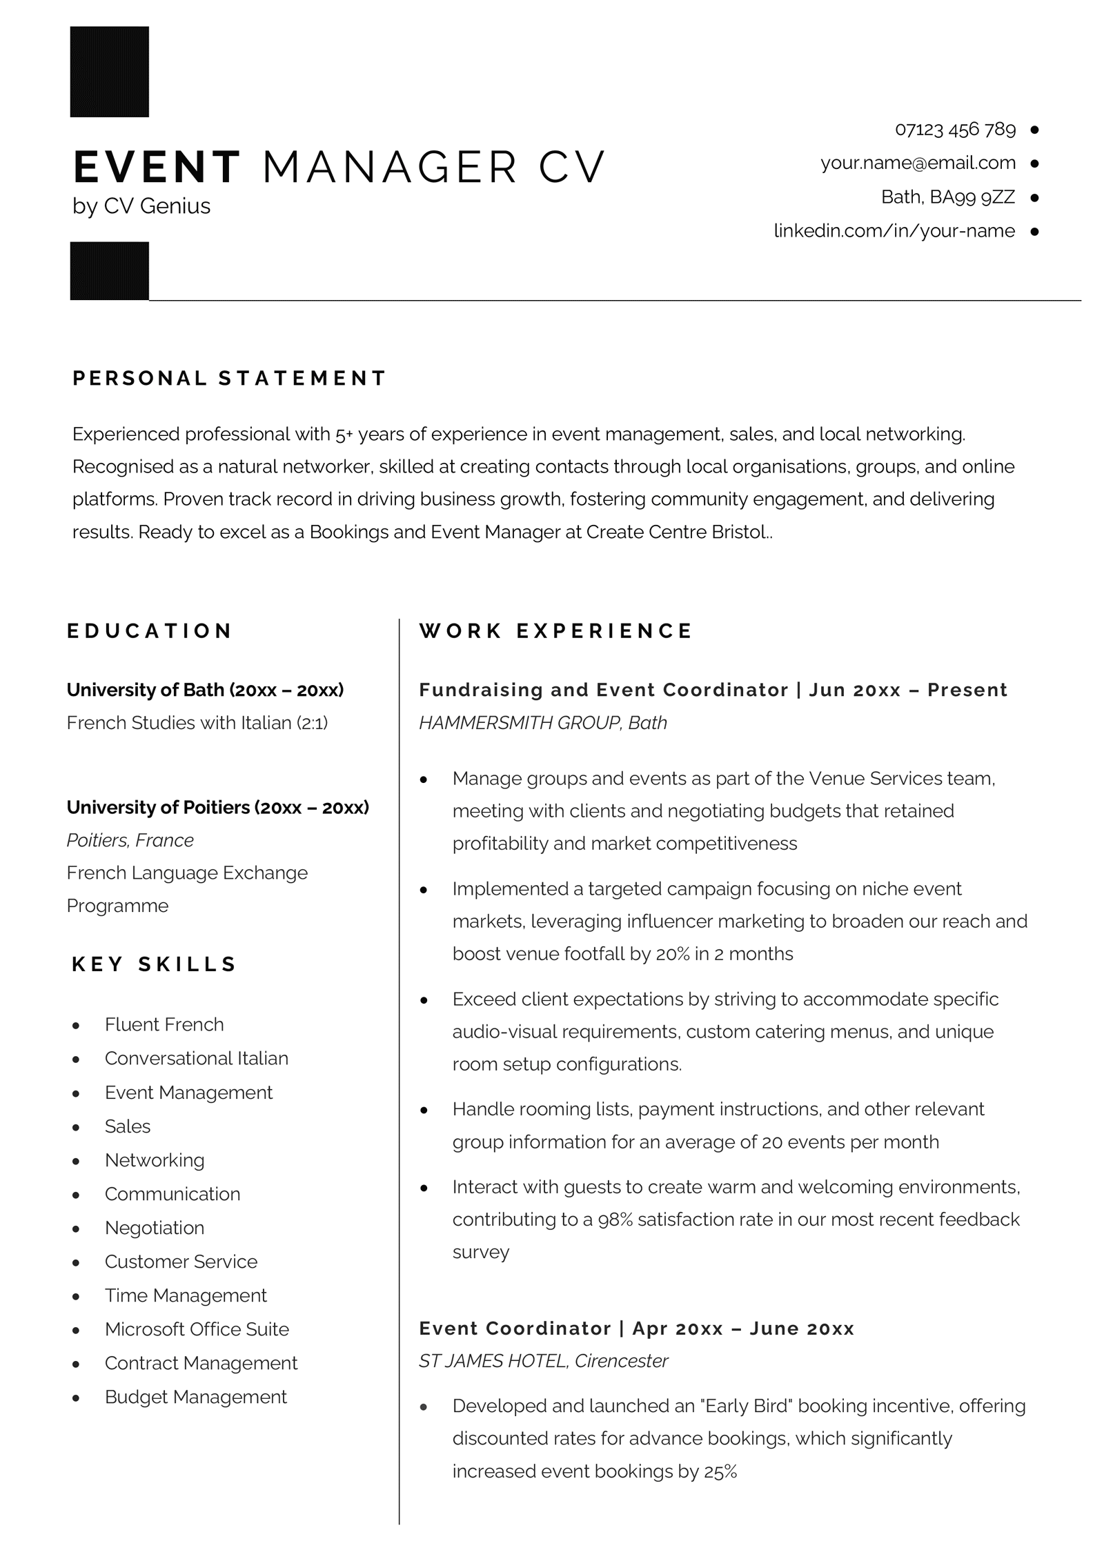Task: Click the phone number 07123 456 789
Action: (954, 129)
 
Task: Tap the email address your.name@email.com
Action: (918, 163)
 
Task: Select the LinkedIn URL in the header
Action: (894, 230)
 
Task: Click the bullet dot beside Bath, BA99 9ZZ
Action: (1034, 197)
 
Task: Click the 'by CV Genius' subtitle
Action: (141, 206)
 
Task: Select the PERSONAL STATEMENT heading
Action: (229, 378)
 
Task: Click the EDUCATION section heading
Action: (150, 630)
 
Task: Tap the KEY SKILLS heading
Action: (154, 964)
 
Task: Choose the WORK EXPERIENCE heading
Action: (555, 630)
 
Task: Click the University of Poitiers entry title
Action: (217, 807)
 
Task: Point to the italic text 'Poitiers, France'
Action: (130, 840)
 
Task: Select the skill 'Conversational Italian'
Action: (196, 1058)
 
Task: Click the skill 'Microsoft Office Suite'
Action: (197, 1329)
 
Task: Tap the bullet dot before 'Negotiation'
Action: (76, 1229)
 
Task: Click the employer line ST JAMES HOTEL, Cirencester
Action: (543, 1361)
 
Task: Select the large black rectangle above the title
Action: (109, 72)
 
